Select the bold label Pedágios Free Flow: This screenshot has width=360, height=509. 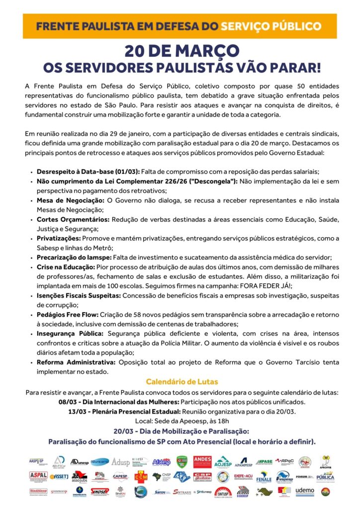[x=68, y=315]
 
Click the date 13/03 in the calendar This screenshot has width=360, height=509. [x=77, y=412]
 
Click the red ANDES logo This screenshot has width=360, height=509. [x=202, y=462]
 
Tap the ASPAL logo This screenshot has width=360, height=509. [x=38, y=476]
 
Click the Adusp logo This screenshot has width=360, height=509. [x=120, y=462]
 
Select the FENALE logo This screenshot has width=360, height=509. [x=264, y=477]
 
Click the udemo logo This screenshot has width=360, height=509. [x=304, y=491]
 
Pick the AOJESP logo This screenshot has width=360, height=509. [x=223, y=462]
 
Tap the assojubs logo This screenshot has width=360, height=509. [x=80, y=477]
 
